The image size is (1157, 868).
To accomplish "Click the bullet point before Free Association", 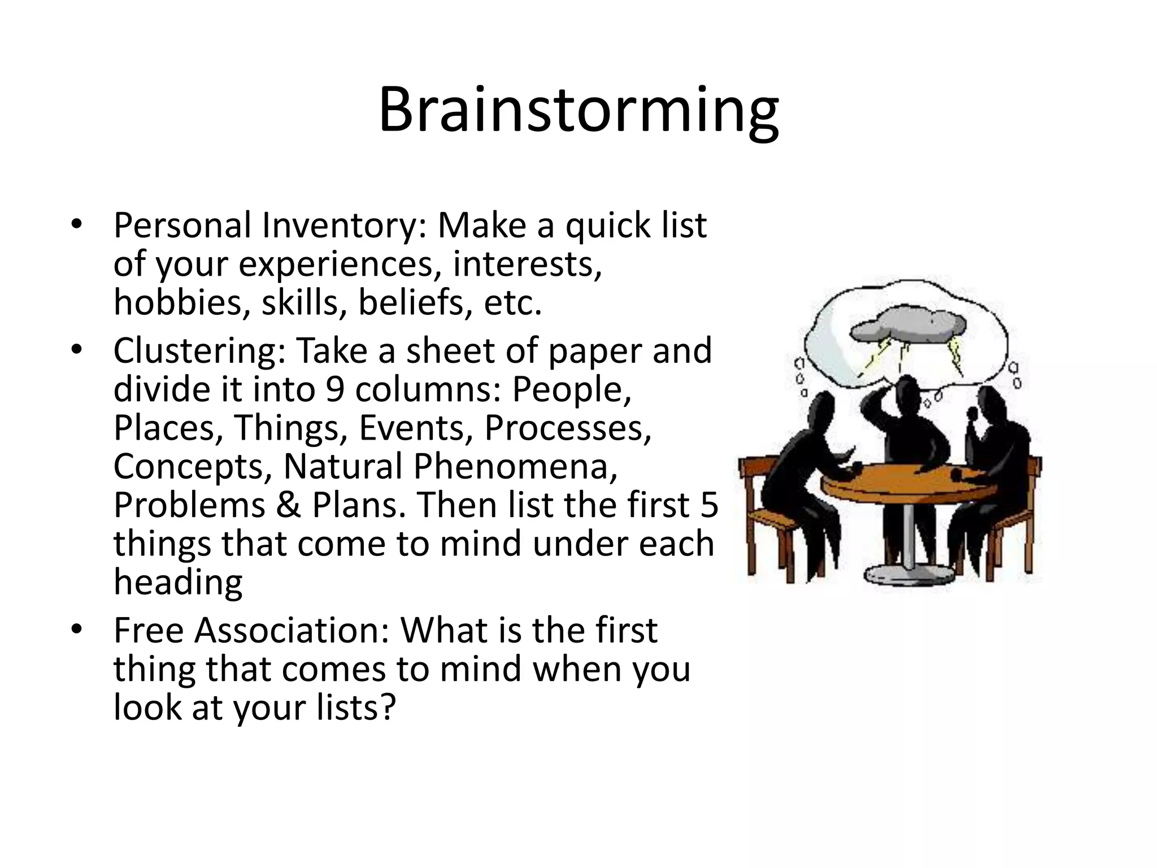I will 77,629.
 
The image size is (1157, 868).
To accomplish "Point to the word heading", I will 178,581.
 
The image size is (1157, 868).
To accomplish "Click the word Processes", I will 568,428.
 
